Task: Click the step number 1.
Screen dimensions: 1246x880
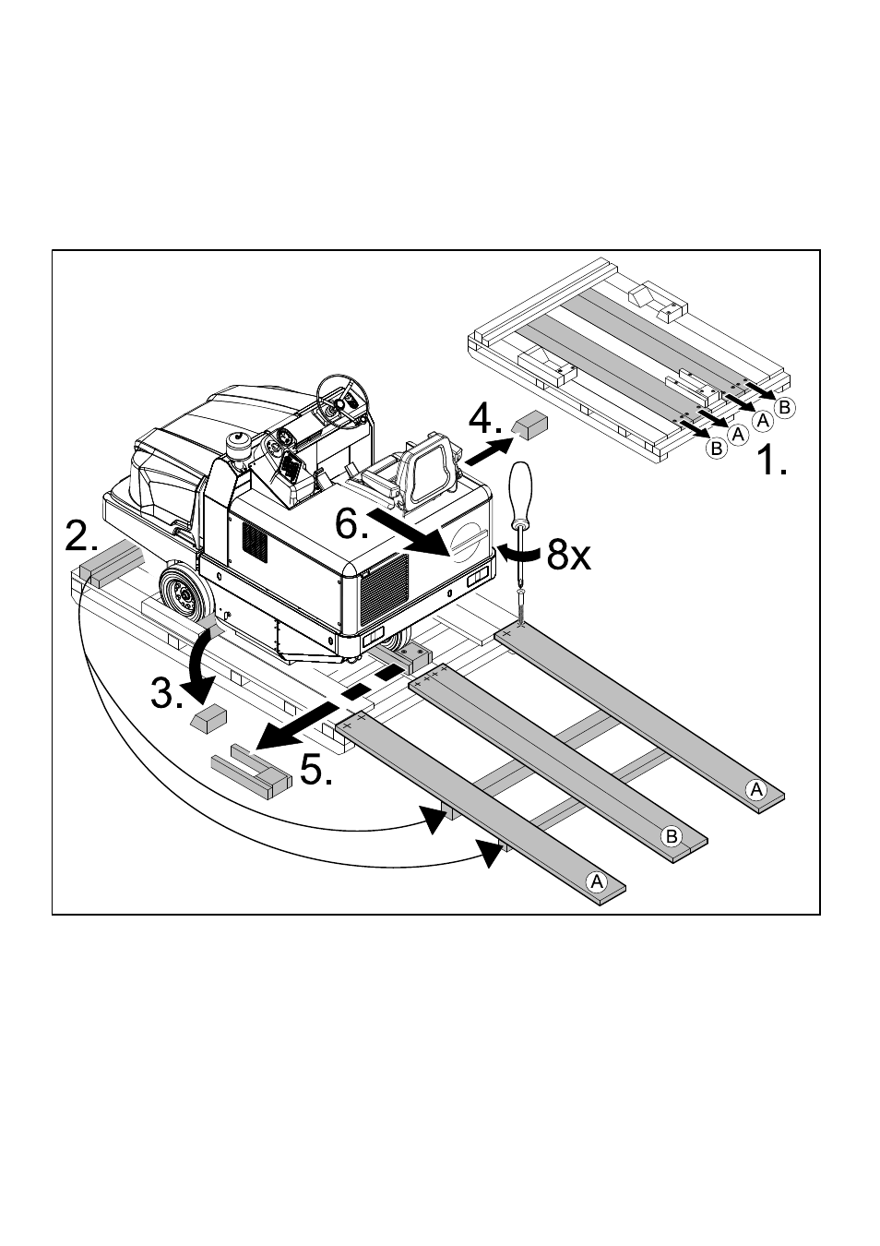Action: tap(771, 459)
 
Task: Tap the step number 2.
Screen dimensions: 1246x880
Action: tap(88, 536)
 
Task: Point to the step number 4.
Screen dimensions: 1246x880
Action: tap(483, 421)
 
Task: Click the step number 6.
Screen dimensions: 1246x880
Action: tap(351, 526)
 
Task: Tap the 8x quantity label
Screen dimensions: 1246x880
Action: tap(567, 556)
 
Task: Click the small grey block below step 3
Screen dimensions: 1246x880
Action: tap(208, 718)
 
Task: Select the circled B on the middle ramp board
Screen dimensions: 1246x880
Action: tap(672, 837)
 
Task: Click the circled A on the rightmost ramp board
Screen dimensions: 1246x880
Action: tap(756, 789)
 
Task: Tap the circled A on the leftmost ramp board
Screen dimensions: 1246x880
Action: tap(597, 881)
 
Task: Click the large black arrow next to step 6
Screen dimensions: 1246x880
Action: tap(411, 531)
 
